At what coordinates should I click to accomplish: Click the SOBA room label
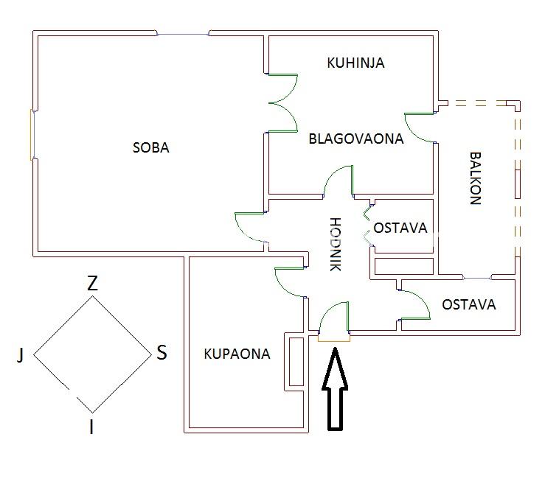(151, 147)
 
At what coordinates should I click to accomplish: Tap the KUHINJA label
(355, 63)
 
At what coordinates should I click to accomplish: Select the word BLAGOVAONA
(356, 138)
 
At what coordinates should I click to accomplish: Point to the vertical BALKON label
(476, 178)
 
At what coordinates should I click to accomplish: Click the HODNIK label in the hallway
(335, 244)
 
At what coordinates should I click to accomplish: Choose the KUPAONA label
(237, 354)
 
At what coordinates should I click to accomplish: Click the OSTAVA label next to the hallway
(400, 228)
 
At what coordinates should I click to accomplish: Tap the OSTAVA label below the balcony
(468, 304)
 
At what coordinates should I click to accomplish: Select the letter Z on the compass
(92, 283)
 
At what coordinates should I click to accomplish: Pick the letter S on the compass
(162, 353)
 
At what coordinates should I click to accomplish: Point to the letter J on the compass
(21, 356)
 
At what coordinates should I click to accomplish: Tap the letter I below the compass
(91, 427)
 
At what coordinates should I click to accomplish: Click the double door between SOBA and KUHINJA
(282, 102)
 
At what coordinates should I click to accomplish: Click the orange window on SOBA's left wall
(32, 134)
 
